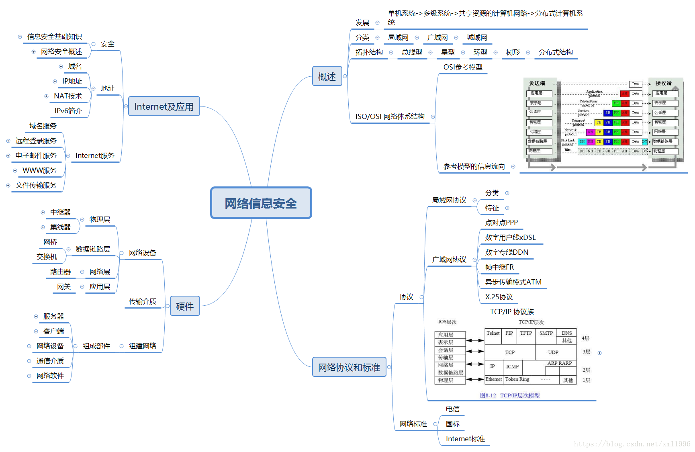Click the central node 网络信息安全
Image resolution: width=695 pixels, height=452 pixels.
[261, 203]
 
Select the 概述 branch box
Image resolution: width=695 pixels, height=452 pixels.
[327, 76]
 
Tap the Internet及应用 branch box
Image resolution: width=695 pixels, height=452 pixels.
[164, 106]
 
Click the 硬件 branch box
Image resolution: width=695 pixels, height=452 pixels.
[185, 306]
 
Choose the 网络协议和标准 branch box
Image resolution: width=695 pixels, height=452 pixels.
[349, 367]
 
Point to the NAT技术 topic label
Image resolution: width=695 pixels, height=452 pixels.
[68, 96]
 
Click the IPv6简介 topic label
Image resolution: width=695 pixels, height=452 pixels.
[68, 111]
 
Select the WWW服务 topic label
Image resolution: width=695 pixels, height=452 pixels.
[39, 170]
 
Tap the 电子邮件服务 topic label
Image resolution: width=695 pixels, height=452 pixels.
[36, 155]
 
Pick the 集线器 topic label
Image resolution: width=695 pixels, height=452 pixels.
[60, 227]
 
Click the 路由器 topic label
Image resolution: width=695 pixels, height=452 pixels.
[60, 272]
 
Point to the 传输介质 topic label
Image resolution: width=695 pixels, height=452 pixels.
[143, 301]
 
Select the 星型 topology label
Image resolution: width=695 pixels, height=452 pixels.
[448, 52]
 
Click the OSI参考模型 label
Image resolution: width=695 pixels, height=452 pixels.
[463, 67]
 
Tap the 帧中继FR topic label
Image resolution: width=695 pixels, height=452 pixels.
[499, 267]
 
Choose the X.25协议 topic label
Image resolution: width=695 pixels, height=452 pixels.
[499, 297]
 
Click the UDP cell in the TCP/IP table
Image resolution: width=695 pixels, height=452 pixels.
[553, 352]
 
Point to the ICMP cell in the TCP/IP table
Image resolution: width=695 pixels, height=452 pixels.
[512, 366]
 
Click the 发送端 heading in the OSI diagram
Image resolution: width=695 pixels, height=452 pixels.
[537, 83]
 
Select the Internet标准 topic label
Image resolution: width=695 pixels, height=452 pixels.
[465, 439]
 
